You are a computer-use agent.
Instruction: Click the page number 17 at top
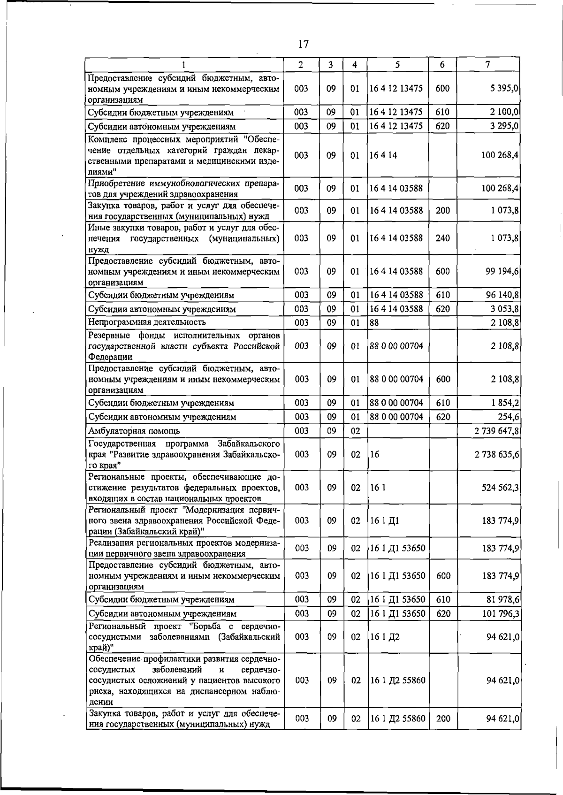pos(303,45)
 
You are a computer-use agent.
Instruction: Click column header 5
pos(397,65)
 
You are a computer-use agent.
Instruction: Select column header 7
pos(488,64)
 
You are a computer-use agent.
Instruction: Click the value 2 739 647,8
pos(496,431)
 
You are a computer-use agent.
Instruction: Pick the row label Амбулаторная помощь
pos(134,431)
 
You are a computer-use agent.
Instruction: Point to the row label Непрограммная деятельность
pos(147,322)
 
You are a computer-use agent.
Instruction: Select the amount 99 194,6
pos(502,271)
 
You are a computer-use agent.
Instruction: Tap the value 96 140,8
pos(502,295)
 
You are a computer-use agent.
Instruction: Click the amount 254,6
pos(508,417)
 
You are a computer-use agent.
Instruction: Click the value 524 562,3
pos(500,488)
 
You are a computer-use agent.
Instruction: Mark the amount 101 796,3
pos(500,614)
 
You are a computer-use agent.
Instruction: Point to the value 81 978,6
pos(502,600)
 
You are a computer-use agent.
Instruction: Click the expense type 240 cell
pos(442,238)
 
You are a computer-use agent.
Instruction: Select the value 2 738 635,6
pos(496,455)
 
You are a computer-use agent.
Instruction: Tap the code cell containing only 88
pos(374,322)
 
